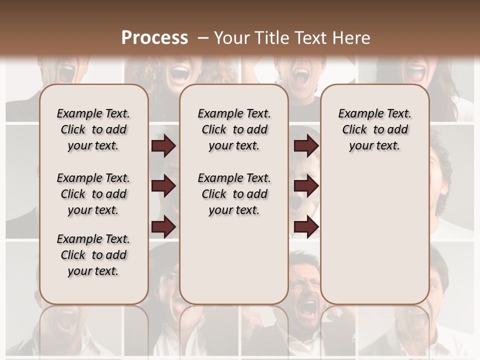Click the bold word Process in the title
point(154,37)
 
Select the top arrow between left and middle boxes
point(163,145)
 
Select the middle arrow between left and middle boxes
point(163,186)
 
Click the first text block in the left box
point(93,129)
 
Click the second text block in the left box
point(93,194)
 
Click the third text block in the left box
point(93,255)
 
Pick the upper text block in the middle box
point(234,129)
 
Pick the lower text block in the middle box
point(234,194)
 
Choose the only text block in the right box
point(374,129)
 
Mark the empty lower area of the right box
point(374,235)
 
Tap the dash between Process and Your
point(202,37)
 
